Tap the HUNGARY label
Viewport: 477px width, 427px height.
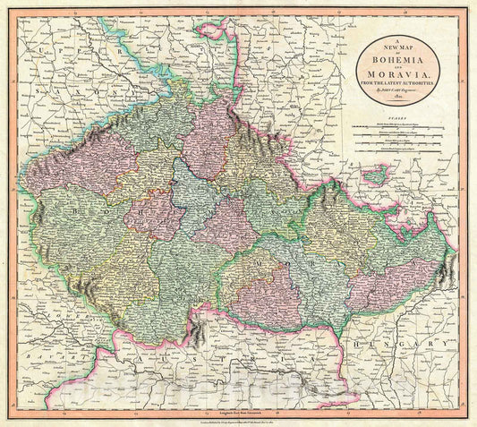[x=404, y=344]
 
